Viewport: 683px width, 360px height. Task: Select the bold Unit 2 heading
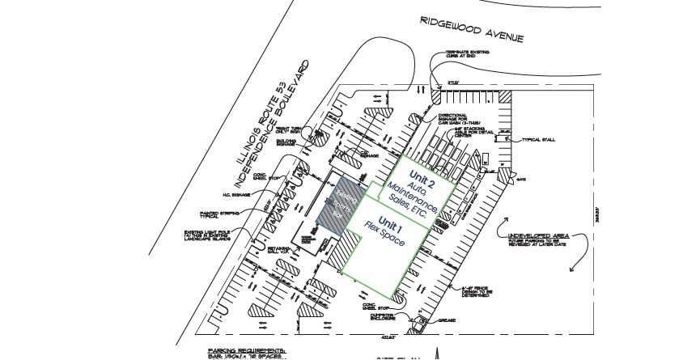(x=422, y=179)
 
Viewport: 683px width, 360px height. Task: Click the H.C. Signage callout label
(x=242, y=195)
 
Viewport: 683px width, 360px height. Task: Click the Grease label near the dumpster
(x=446, y=321)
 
